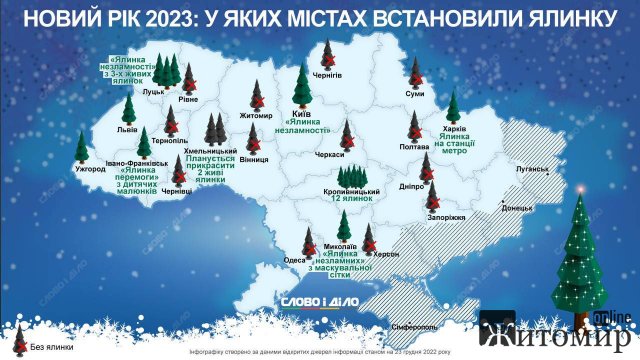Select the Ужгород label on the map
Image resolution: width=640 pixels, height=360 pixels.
pos(89,170)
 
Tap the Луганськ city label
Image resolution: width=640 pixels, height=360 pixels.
pos(532,170)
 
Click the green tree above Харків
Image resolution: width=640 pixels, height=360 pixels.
pos(453,106)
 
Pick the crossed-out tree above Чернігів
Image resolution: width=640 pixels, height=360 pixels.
pos(329,52)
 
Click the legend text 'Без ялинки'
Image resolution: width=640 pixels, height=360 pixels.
pos(49,347)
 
